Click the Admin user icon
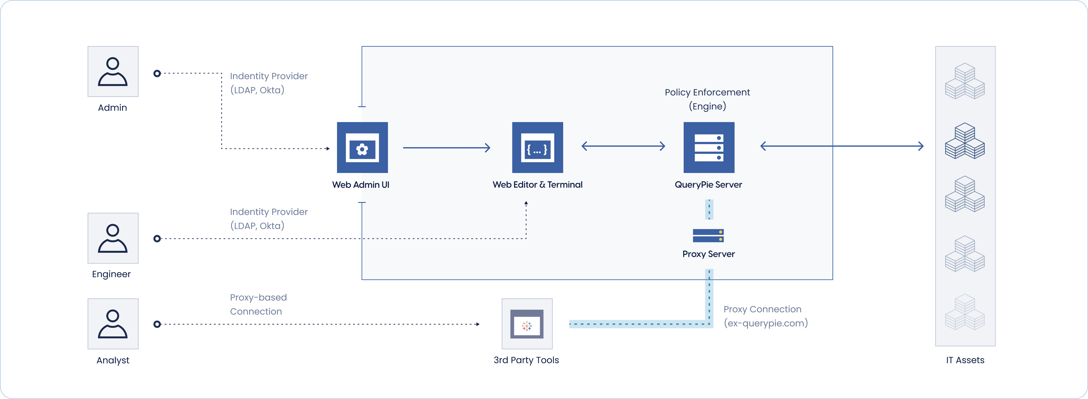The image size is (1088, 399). [x=113, y=71]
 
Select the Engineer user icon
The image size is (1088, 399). [x=113, y=238]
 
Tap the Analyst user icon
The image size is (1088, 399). [x=113, y=324]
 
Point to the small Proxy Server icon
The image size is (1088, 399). [x=708, y=236]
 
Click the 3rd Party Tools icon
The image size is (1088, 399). [x=527, y=324]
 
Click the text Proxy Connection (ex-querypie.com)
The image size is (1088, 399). [x=765, y=316]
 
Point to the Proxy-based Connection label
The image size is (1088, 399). [x=258, y=304]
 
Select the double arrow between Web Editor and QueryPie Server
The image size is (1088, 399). [x=623, y=146]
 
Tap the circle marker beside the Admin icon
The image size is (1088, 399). [x=157, y=73]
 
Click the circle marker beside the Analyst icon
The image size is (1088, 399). [x=157, y=324]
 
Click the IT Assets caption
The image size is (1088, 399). [x=965, y=360]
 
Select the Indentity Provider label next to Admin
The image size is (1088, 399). [x=269, y=83]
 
